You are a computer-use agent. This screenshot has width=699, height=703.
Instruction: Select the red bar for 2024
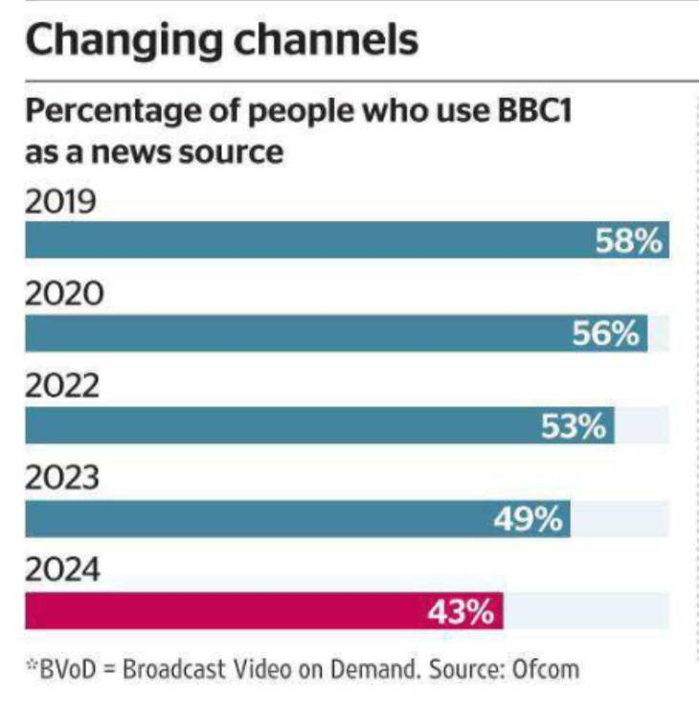click(220, 611)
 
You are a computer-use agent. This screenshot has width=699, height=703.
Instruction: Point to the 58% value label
click(629, 240)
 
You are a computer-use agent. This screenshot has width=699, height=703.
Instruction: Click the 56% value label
click(605, 333)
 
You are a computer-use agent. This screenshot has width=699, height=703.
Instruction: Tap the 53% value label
click(574, 426)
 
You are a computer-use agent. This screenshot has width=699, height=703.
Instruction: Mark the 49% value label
click(528, 519)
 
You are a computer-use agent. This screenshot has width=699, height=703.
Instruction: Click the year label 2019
click(62, 204)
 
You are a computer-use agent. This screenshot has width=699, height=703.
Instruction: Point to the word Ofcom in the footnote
click(547, 667)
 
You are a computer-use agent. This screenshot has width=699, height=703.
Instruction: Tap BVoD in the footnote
click(70, 667)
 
